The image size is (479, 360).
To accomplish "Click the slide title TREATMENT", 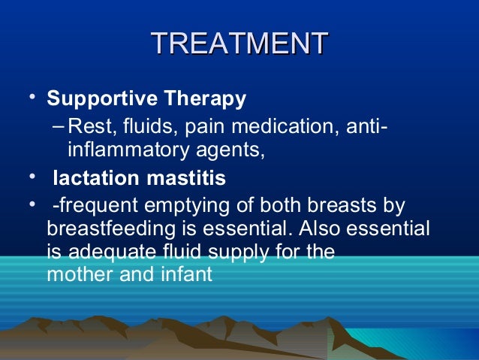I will coord(239,43).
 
